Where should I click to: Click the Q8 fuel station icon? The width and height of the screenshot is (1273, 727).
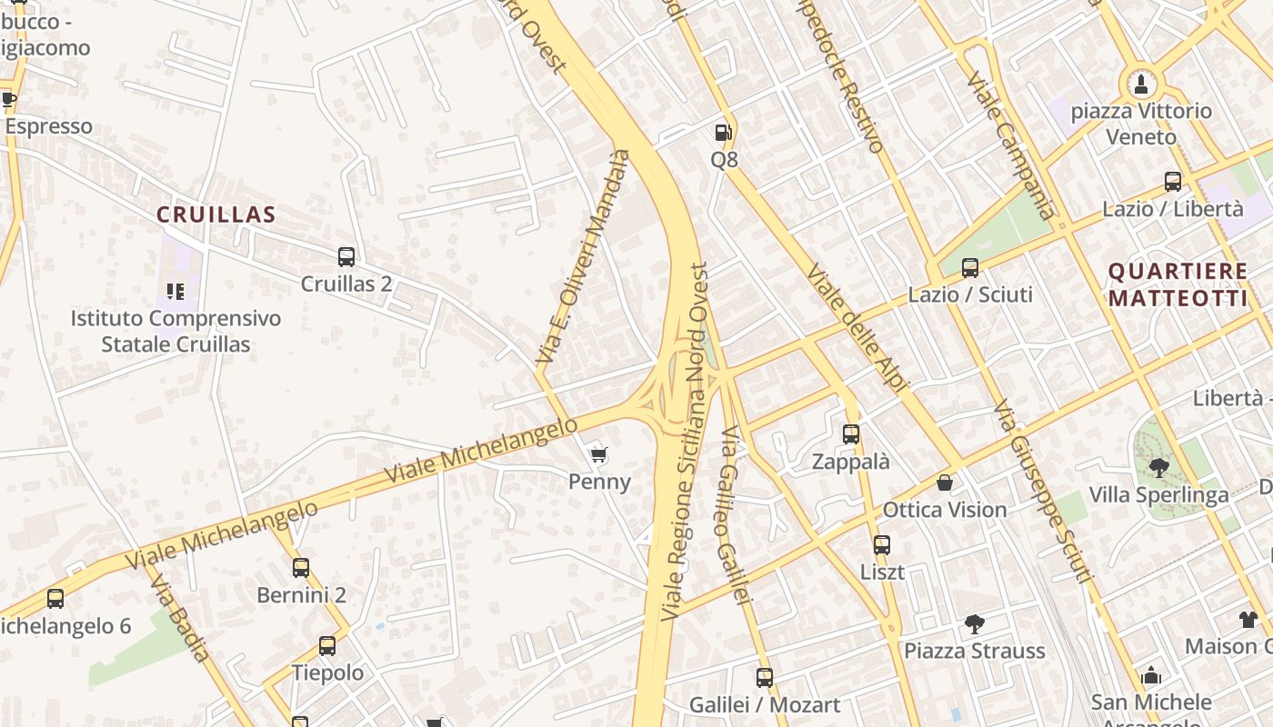point(723,133)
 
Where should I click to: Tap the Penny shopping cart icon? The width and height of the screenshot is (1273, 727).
point(598,454)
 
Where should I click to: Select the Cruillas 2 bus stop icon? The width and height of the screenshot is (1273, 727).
point(346,257)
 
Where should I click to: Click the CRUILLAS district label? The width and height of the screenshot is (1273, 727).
point(216,214)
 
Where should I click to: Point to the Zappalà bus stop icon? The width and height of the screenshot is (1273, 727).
point(851,434)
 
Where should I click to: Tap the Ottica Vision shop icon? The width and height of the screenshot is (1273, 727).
point(946,483)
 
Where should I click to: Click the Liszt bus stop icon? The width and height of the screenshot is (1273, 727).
point(882,545)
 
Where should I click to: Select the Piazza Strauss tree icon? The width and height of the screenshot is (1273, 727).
point(974,624)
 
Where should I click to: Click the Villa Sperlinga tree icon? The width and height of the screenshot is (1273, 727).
point(1158,468)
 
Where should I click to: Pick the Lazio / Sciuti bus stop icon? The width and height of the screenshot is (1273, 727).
point(970,268)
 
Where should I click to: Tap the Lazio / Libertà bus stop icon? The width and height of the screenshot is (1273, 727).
point(1173,182)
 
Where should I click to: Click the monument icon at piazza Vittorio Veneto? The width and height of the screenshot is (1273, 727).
point(1140,85)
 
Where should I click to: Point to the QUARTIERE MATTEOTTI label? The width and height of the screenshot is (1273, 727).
point(1178,284)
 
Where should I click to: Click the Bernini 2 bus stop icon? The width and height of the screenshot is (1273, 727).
point(301,568)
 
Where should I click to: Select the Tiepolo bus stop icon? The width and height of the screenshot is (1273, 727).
point(327,646)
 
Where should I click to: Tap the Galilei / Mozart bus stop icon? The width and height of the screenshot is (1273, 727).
point(765,677)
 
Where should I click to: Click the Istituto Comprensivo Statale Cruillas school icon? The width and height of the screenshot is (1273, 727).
point(175,292)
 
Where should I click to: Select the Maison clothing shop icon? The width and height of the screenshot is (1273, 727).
point(1248,620)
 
